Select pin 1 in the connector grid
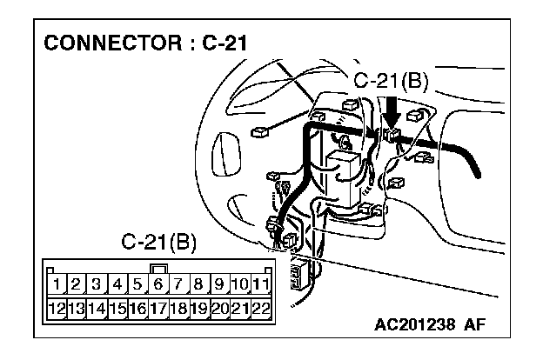tap(57, 283)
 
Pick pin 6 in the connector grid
tap(159, 283)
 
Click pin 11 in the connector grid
tap(262, 283)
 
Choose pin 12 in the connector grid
tap(57, 307)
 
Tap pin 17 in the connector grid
tap(159, 307)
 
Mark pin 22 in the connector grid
tap(262, 307)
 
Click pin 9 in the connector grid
tap(221, 283)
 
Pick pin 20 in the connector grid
tap(221, 307)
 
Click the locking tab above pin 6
tap(159, 269)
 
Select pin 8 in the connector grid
tap(200, 283)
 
